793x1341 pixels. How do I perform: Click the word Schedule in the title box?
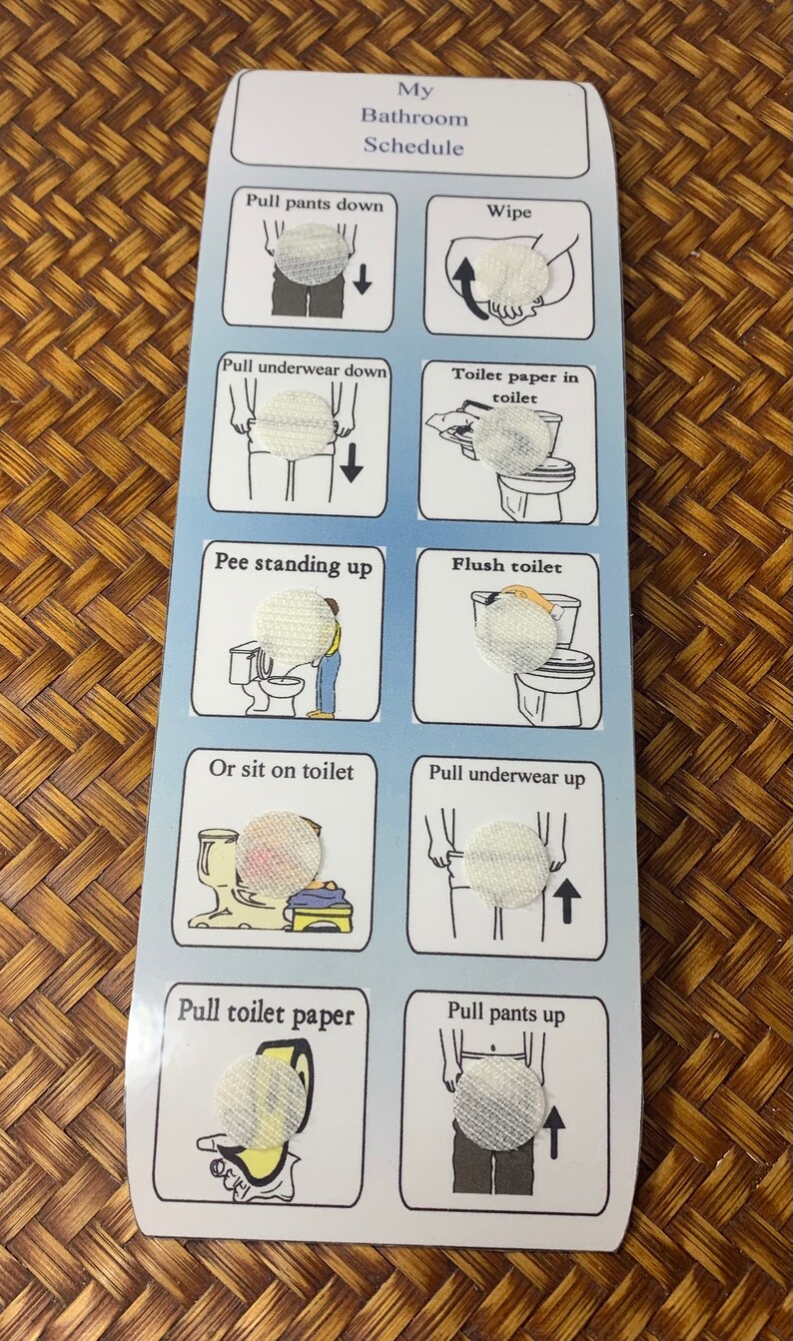412,146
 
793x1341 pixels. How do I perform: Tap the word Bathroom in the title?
413,117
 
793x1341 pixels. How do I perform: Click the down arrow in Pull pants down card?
363,279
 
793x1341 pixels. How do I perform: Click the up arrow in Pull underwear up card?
567,902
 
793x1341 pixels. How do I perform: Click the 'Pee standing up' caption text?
293,563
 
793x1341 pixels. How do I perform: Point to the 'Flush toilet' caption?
506,566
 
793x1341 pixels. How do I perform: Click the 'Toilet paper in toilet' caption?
508,384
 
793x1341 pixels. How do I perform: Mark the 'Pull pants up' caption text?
505,1012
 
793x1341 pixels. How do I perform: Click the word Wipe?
509,212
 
